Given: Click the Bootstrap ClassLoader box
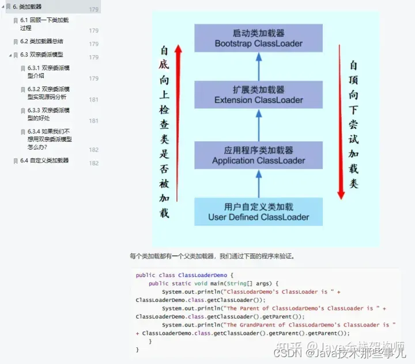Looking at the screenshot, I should point(258,38).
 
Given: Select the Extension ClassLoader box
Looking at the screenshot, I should point(258,95).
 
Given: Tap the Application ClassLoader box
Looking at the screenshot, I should point(258,156).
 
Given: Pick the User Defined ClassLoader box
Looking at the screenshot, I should point(258,212).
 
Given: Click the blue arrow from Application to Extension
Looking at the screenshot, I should point(258,125).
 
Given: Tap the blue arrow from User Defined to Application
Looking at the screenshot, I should point(258,184).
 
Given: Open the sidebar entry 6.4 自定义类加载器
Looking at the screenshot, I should point(49,161).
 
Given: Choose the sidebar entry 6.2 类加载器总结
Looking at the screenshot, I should point(46,41).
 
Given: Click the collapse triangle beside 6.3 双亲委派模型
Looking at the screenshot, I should point(10,55).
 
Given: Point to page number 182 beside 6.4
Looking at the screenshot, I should point(94,164).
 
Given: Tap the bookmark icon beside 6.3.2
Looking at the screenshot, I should point(22,90).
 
